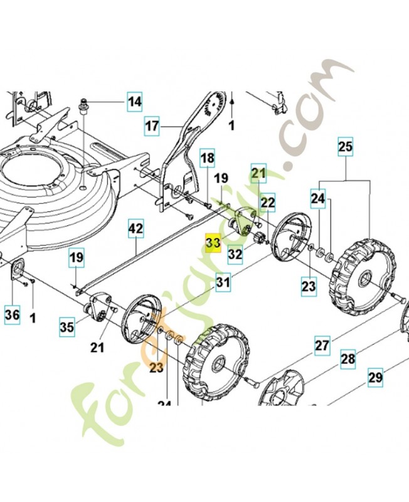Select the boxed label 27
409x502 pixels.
322,345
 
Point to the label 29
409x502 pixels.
375,378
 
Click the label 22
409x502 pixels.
268,202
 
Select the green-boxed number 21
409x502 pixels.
259,171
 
